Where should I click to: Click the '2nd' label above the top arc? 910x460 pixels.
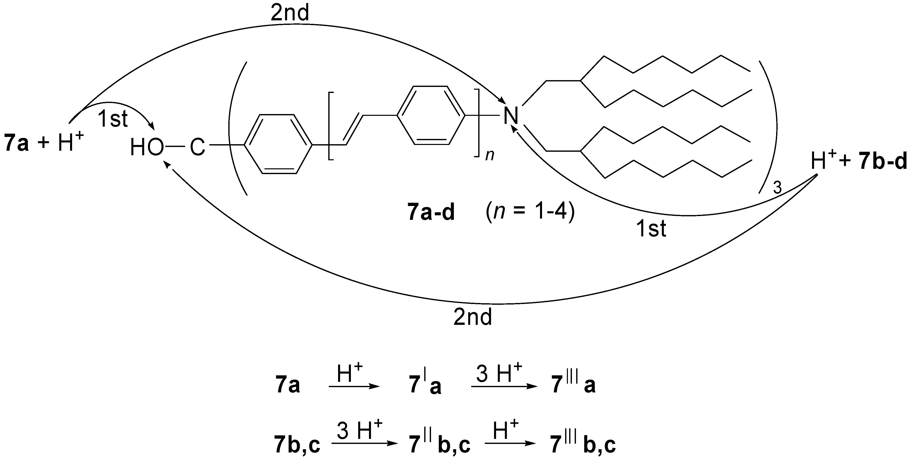tap(290, 13)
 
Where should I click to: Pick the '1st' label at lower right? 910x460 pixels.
tap(651, 229)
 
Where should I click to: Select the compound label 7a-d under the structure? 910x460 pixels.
tap(431, 213)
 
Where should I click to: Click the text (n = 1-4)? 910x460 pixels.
tap(530, 213)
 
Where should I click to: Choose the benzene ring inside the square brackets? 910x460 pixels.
tap(431, 115)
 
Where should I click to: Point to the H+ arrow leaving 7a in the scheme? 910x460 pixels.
tap(354, 387)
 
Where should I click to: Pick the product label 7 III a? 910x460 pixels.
tap(573, 385)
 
